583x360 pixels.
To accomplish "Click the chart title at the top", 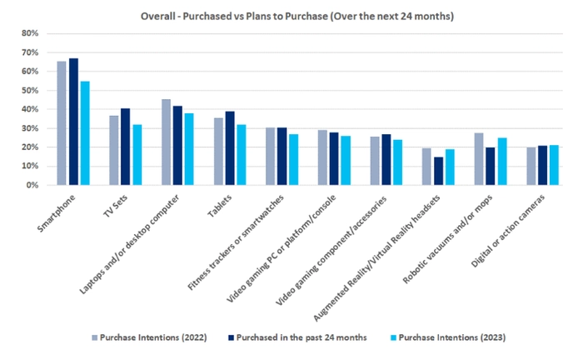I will [291, 16].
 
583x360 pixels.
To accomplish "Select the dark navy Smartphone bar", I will [73, 122].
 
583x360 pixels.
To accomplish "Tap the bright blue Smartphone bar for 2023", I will [85, 133].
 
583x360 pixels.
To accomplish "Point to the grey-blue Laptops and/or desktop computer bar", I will [166, 142].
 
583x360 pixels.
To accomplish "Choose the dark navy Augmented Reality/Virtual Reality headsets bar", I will [438, 171].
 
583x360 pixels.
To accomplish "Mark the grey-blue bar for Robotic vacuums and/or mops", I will [478, 159].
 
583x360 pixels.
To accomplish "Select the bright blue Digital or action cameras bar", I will [554, 165].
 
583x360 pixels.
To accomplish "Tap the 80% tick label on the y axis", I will [29, 33].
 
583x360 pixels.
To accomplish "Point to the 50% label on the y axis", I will [29, 90].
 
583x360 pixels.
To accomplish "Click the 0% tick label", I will [32, 185].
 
